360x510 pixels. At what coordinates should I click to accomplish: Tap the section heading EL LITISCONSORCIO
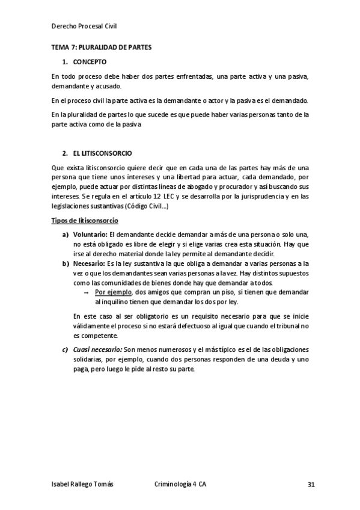pos(102,153)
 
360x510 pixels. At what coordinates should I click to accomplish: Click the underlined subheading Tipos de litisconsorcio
pos(84,221)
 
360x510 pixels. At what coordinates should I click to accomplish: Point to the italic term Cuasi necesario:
pos(97,350)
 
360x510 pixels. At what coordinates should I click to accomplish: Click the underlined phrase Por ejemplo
pos(114,292)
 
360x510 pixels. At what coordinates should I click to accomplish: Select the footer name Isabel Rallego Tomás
pos(82,484)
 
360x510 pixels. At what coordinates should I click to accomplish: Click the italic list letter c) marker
pos(65,350)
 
